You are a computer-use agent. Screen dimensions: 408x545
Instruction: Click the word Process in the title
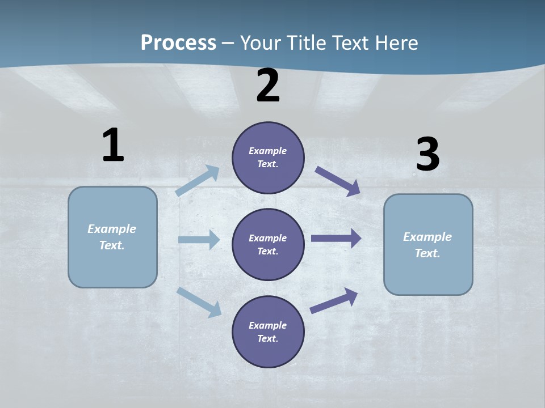[x=178, y=43]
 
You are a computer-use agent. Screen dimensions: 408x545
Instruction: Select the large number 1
[x=113, y=145]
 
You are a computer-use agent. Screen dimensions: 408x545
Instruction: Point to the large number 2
[x=268, y=86]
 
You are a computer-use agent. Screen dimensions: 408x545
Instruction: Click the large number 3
[x=427, y=155]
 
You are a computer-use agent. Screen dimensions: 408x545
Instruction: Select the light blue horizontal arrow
[x=199, y=240]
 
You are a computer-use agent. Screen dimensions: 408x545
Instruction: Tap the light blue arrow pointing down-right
[x=199, y=301]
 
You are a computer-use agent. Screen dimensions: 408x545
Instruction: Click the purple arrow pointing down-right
[x=338, y=181]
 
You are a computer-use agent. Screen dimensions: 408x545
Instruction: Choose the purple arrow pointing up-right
[x=334, y=301]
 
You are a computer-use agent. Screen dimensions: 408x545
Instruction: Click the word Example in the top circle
[x=268, y=151]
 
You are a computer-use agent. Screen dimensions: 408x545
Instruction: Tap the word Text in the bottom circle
[x=267, y=338]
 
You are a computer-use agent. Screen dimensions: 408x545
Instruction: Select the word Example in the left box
[x=112, y=229]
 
